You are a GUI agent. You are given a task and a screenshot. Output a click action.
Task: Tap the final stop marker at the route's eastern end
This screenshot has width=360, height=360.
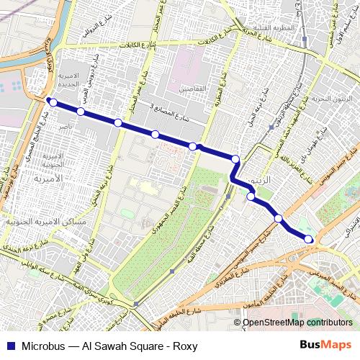click(x=308, y=239)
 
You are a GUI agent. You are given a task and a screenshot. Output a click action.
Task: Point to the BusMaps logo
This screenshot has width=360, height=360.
click(x=330, y=346)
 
